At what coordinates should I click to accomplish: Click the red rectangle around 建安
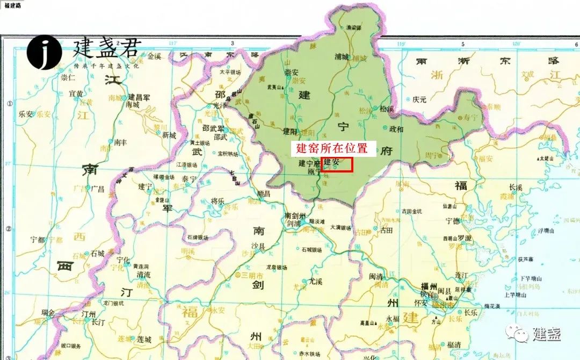[x=336, y=164]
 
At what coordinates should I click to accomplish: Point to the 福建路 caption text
[x=12, y=4]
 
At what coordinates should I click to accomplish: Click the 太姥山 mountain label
[x=547, y=159]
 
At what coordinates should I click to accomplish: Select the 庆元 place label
[x=419, y=99]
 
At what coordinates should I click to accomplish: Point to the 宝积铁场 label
[x=228, y=153]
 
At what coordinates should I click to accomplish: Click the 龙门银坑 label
[x=113, y=304]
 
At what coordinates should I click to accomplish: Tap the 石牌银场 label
[x=199, y=236]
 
